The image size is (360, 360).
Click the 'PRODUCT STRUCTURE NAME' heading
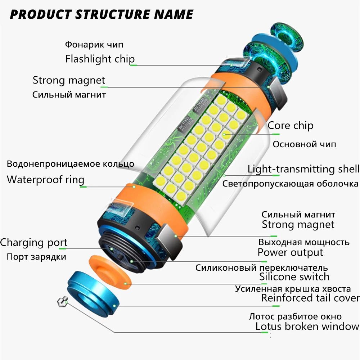point(102,14)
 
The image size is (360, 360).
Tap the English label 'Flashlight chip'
point(100,59)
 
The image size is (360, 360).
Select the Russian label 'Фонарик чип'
point(94,45)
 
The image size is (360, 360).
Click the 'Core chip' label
point(291,126)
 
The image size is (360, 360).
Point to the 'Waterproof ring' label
point(45,180)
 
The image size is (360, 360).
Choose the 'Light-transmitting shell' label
point(303,169)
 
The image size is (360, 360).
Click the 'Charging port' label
point(34,243)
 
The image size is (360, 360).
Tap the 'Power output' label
point(290,252)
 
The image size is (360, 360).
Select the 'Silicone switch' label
point(294,276)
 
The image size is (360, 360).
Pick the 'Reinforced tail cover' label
point(310,298)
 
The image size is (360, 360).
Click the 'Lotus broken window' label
point(307,326)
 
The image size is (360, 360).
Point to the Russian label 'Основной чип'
point(305,144)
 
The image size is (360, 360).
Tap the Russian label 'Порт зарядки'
point(36,257)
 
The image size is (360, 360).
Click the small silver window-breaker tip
point(62,302)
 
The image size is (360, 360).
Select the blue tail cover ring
point(93,294)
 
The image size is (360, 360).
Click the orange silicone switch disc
point(110,273)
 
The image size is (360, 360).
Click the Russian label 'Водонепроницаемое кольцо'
point(71,164)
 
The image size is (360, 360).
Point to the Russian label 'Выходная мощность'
point(304,242)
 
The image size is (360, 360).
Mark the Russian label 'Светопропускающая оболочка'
point(290,184)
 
